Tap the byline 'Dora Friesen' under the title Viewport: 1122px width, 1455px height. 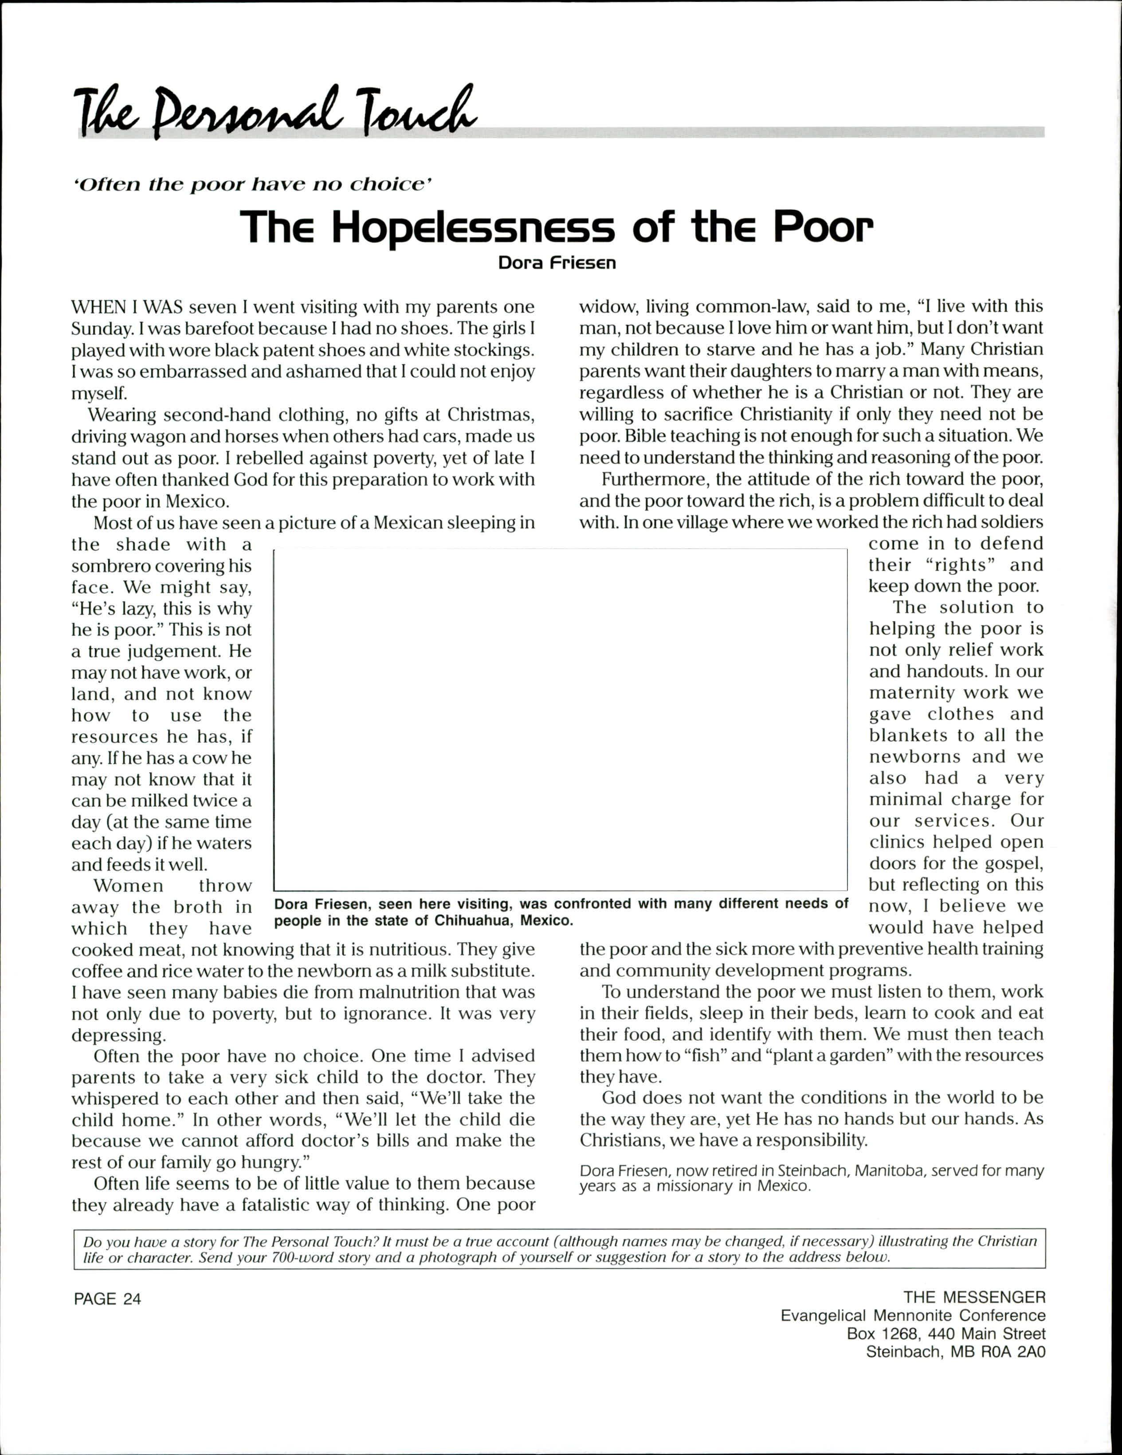tap(557, 263)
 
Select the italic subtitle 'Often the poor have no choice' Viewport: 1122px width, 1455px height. tap(253, 184)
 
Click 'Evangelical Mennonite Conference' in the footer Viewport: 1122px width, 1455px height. tap(913, 1316)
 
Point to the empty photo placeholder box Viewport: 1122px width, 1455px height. tap(560, 719)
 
